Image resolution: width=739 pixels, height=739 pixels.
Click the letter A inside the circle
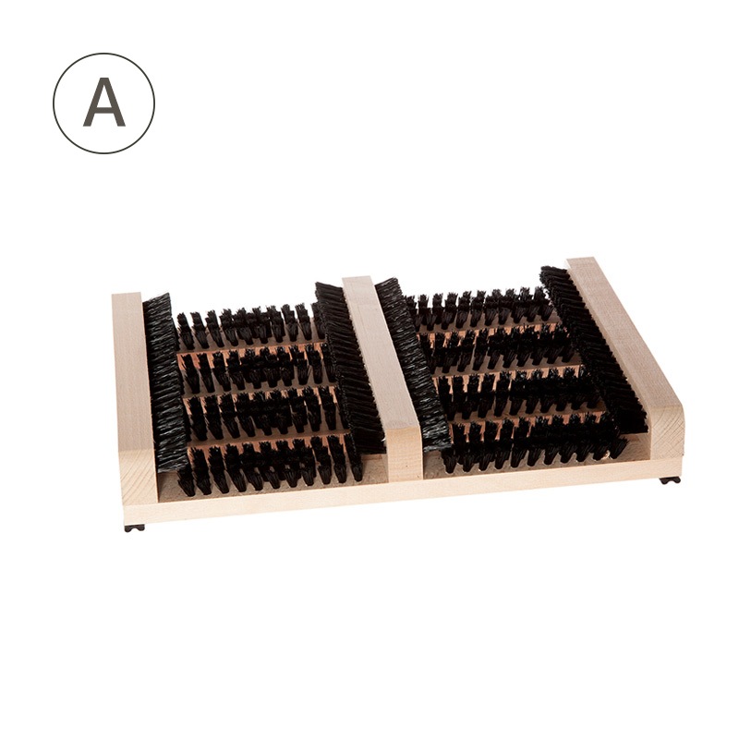pyautogui.click(x=104, y=103)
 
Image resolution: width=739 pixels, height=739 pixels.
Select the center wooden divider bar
pyautogui.click(x=382, y=377)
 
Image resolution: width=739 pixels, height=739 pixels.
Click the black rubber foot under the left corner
pyautogui.click(x=135, y=527)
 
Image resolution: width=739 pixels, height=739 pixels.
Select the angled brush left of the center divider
pyautogui.click(x=349, y=368)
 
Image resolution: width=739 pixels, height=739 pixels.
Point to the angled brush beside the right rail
pyautogui.click(x=594, y=349)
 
